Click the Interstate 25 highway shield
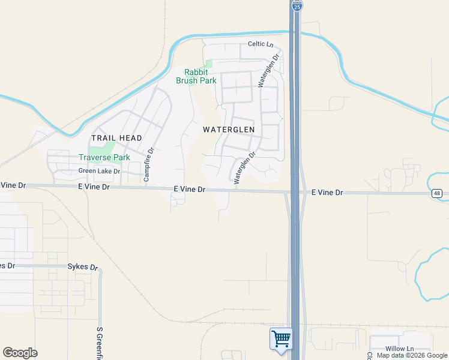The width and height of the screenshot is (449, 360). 297,5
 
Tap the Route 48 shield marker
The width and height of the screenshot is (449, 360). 436,193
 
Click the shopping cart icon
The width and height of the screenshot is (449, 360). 280,339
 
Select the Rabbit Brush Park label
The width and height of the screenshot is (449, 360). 196,76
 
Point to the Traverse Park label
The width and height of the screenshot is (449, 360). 104,158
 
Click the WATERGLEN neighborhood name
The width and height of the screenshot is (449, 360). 229,130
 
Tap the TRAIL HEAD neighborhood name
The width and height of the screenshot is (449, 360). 116,138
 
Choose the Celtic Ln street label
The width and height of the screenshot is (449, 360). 260,44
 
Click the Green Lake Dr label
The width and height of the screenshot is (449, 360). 99,171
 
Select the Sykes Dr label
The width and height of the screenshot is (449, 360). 82,266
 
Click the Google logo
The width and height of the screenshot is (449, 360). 20,353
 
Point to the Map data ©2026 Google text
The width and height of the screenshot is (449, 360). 412,355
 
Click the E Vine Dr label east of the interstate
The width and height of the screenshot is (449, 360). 327,193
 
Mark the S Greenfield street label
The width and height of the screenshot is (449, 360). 100,343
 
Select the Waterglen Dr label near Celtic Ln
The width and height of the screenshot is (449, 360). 269,72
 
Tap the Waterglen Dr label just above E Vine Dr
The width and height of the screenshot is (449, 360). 245,167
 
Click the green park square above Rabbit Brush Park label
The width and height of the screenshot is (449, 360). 208,63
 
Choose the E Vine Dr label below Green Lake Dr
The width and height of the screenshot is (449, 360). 94,187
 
